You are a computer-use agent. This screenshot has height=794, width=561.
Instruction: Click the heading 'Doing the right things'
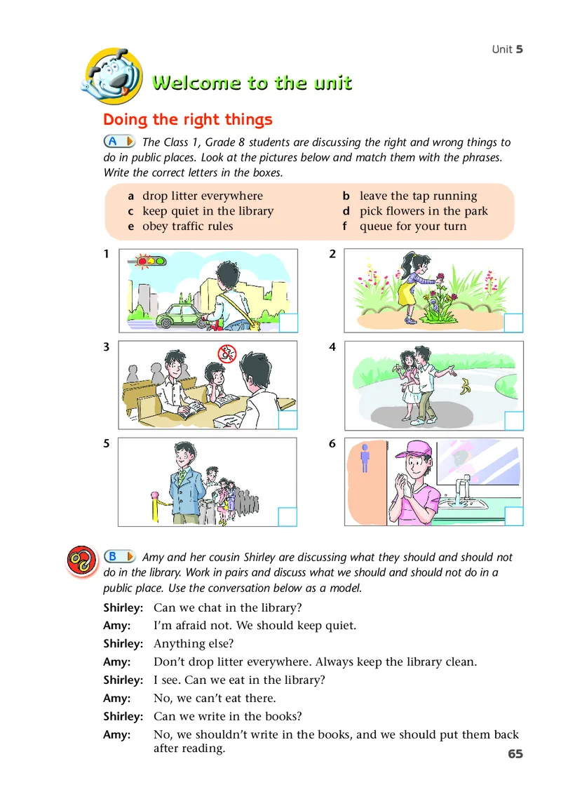pyautogui.click(x=188, y=120)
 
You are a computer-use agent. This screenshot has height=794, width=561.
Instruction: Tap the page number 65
pyautogui.click(x=515, y=754)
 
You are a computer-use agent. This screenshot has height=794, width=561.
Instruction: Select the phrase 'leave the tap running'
pyautogui.click(x=418, y=196)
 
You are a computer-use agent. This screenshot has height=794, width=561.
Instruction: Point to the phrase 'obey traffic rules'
pyautogui.click(x=187, y=227)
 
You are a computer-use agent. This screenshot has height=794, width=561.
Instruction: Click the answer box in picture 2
pyautogui.click(x=514, y=323)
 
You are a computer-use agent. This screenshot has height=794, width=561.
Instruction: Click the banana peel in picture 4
pyautogui.click(x=464, y=386)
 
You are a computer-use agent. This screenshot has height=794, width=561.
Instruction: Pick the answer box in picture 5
pyautogui.click(x=288, y=517)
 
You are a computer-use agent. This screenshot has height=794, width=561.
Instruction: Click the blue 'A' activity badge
pyautogui.click(x=119, y=142)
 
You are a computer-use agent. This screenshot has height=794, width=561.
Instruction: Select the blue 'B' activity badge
pyautogui.click(x=119, y=557)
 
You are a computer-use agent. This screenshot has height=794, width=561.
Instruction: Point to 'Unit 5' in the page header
pyautogui.click(x=507, y=49)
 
